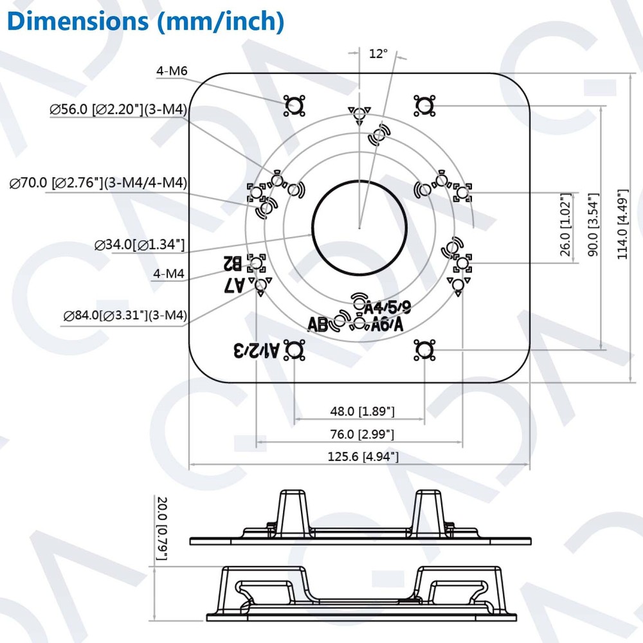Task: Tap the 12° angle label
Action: pyautogui.click(x=378, y=53)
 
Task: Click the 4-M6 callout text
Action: pyautogui.click(x=171, y=71)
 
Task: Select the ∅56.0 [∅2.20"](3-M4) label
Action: pyautogui.click(x=118, y=111)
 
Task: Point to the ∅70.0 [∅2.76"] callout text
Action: pyautogui.click(x=98, y=183)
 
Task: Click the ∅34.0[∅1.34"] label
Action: pyautogui.click(x=140, y=244)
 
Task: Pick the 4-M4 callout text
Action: pyautogui.click(x=169, y=274)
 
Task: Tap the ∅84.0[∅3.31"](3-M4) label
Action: pyautogui.click(x=125, y=315)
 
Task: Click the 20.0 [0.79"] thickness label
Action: pyautogui.click(x=161, y=527)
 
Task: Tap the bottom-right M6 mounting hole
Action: pyautogui.click(x=424, y=350)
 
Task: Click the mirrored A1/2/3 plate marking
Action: pyautogui.click(x=258, y=350)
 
